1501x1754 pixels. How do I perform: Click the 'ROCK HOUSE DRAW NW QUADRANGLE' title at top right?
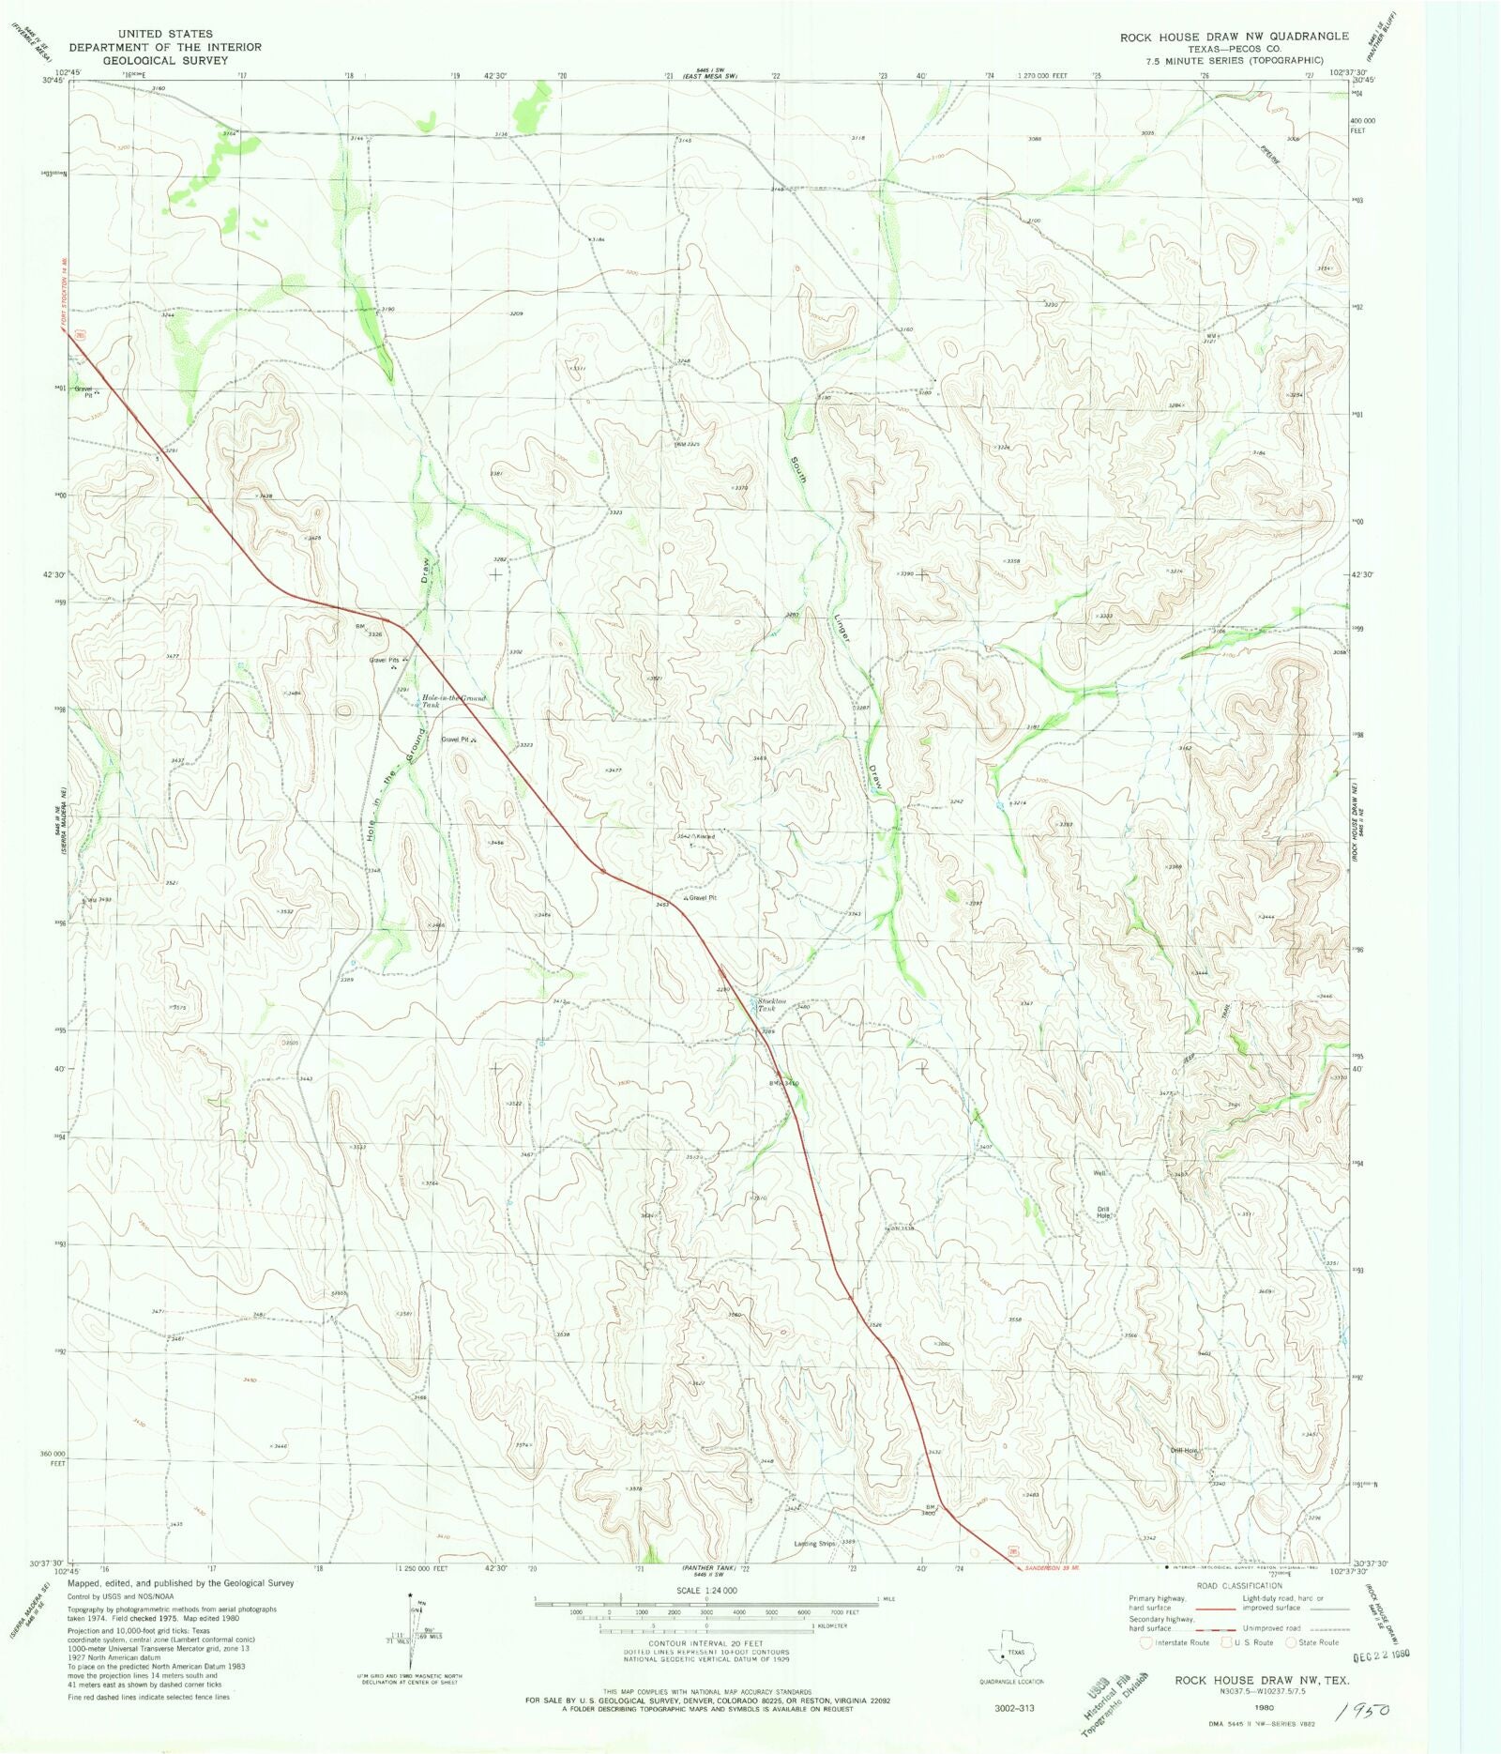click(1234, 37)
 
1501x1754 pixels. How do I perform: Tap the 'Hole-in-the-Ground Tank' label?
click(453, 701)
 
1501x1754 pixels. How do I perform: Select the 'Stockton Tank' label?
click(772, 1004)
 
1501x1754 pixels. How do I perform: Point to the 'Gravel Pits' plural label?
click(384, 661)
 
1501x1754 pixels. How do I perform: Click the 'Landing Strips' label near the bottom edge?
click(814, 1543)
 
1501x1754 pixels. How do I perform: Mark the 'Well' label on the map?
click(1099, 1173)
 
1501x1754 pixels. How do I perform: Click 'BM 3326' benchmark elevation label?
click(369, 631)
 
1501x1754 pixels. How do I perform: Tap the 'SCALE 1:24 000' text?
click(706, 1590)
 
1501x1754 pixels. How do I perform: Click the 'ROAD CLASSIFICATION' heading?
click(1238, 1585)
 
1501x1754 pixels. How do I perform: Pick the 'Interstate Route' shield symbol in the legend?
click(1145, 1642)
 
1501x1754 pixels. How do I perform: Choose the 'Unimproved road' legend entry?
click(1271, 1628)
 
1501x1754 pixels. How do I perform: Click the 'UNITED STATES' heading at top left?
click(165, 34)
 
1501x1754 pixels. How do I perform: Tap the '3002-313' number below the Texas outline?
click(1014, 1708)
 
